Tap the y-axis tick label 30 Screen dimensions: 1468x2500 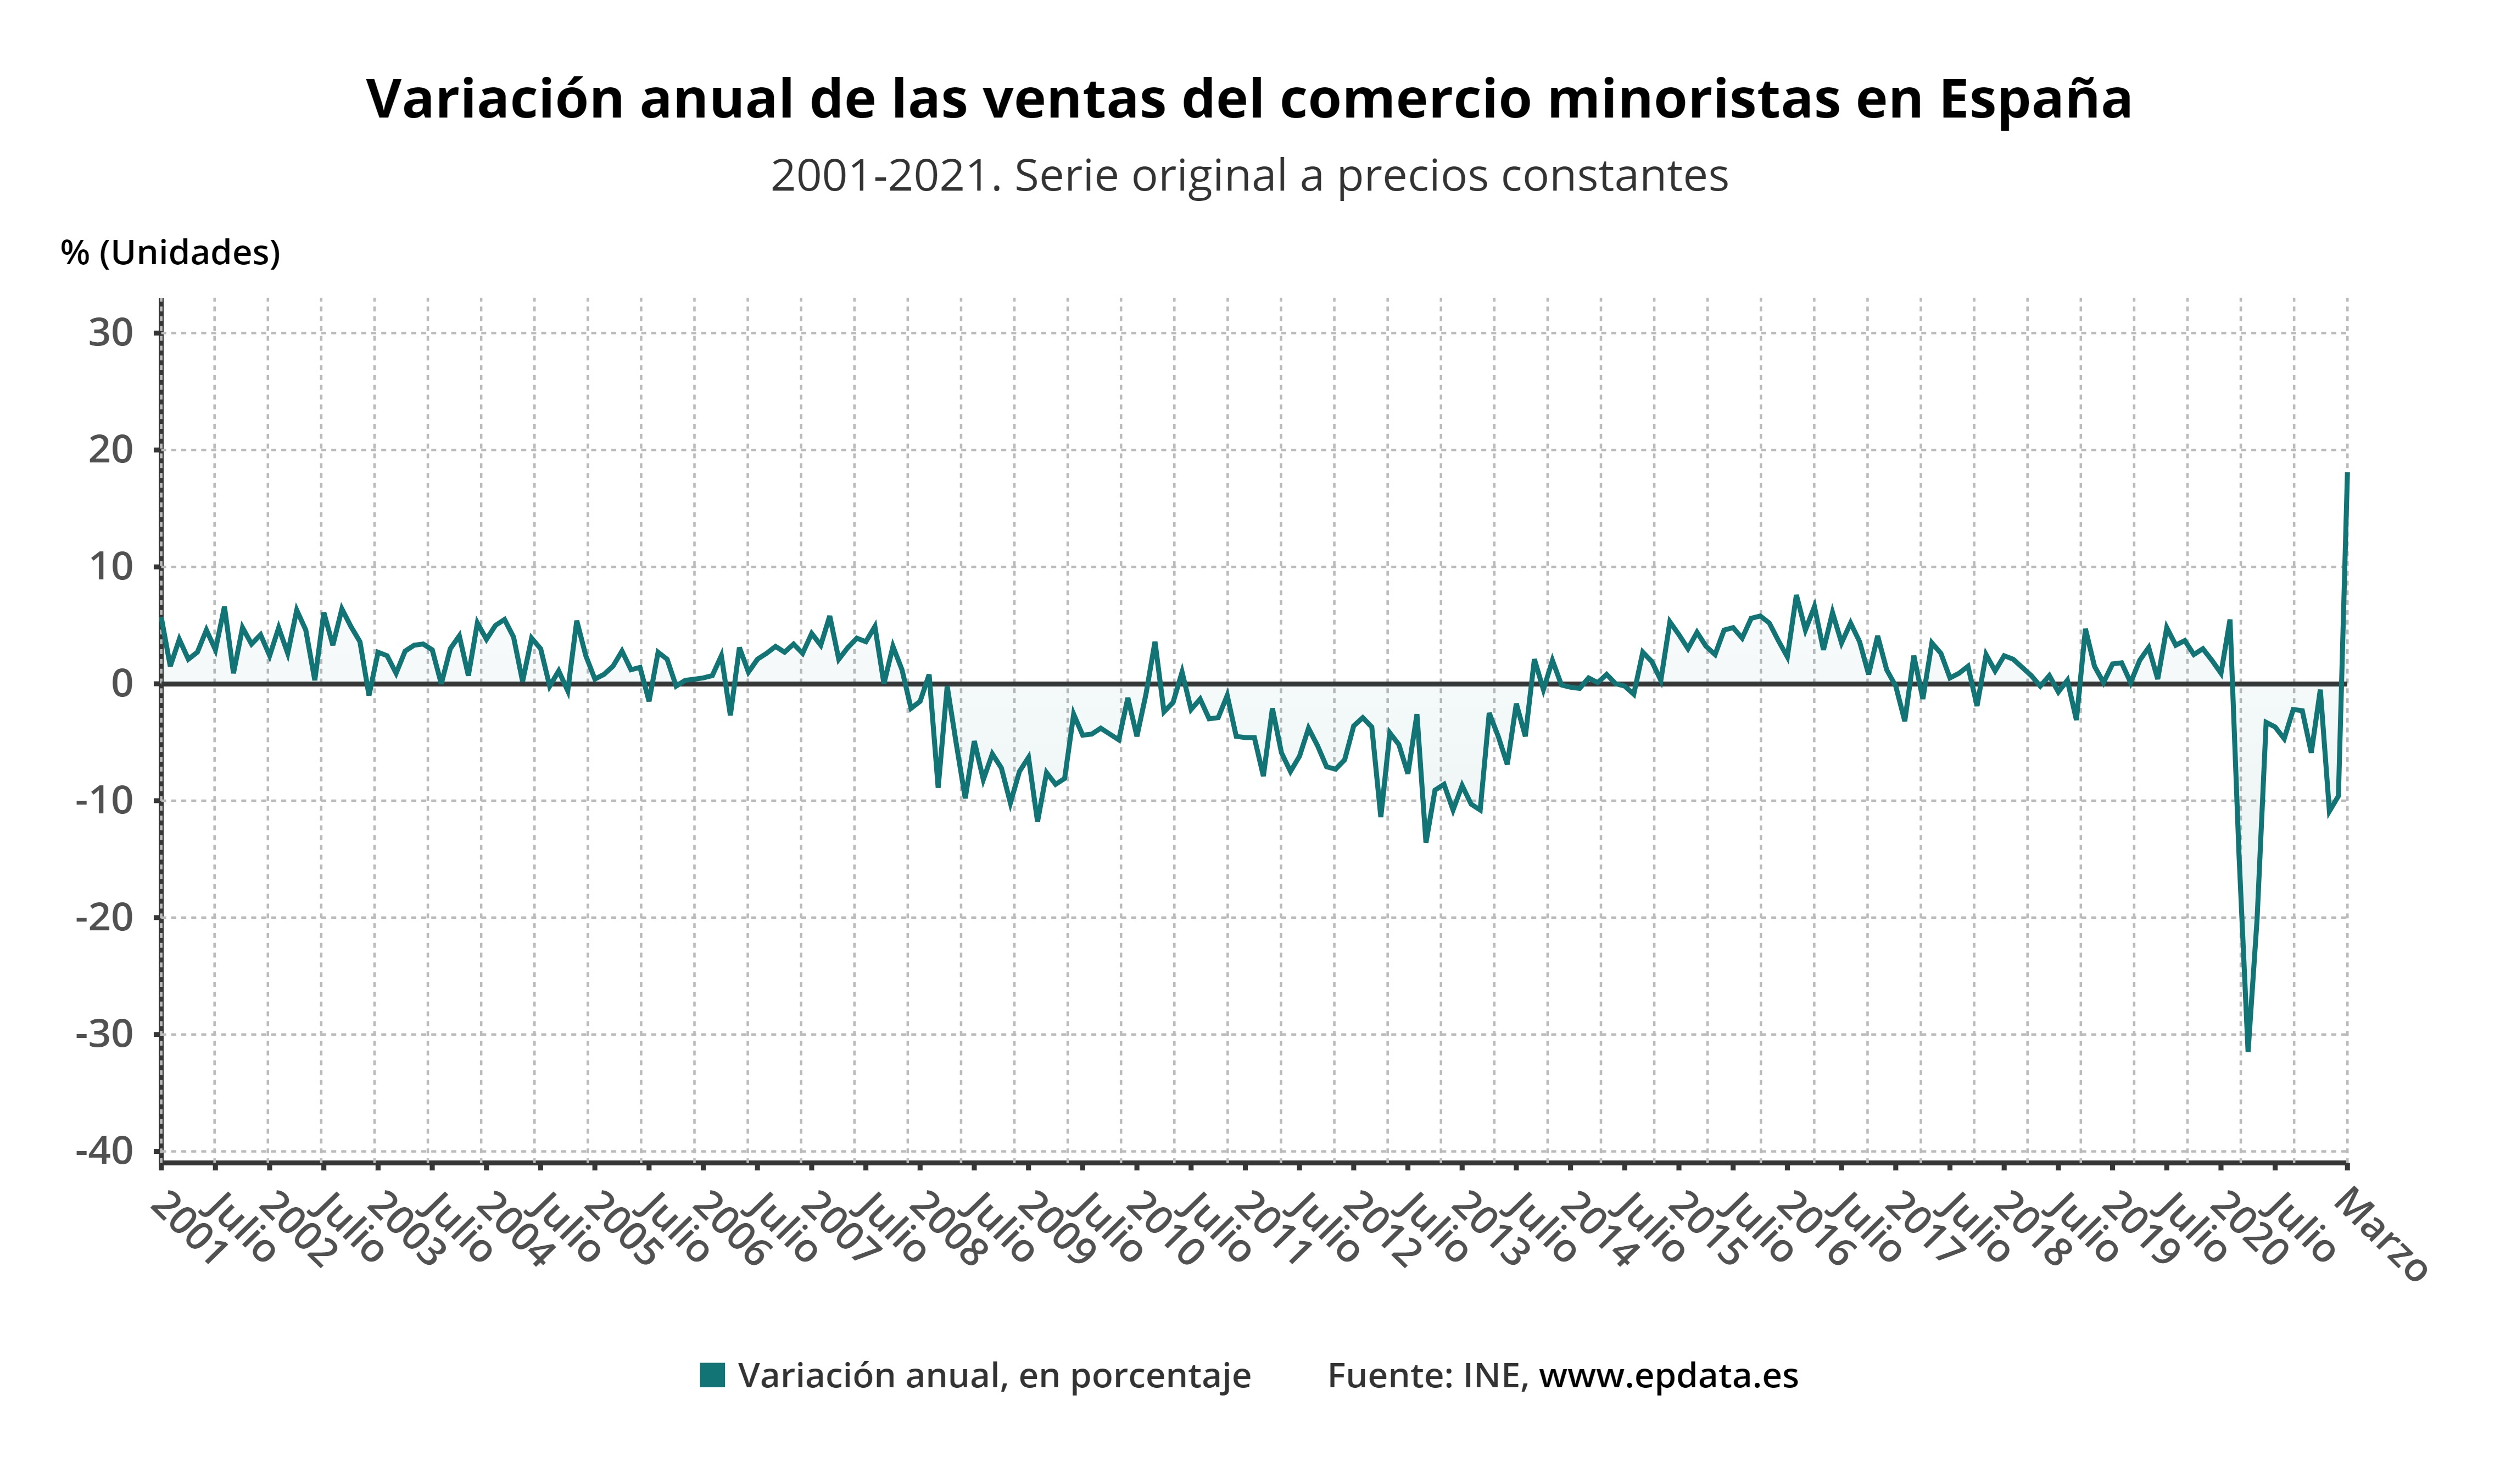(x=111, y=333)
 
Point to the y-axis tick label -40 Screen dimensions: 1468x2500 (x=104, y=1152)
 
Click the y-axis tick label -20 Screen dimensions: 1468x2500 (x=104, y=918)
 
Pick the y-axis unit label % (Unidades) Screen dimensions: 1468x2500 (x=171, y=253)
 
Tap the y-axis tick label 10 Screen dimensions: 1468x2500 (x=111, y=567)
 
